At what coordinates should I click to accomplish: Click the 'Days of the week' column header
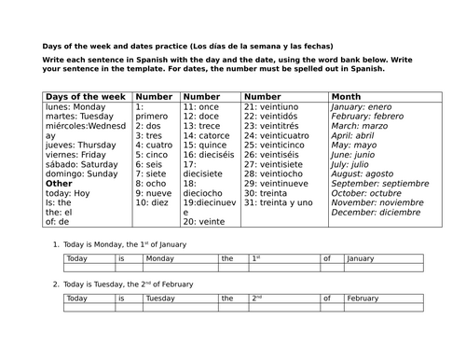(87, 96)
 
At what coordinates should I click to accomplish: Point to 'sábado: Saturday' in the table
(81, 163)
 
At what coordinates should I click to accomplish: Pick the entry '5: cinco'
(154, 154)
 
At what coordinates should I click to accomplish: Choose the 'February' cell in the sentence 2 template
(369, 299)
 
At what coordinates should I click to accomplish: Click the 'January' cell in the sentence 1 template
(369, 258)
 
